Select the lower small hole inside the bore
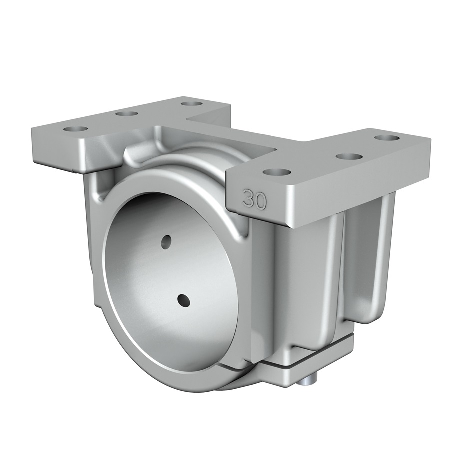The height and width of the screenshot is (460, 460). click(x=183, y=301)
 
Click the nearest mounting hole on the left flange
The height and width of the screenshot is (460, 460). click(x=76, y=129)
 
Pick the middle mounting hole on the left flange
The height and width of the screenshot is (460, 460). click(x=127, y=114)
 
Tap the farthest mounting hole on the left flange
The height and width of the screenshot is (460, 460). click(x=192, y=104)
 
